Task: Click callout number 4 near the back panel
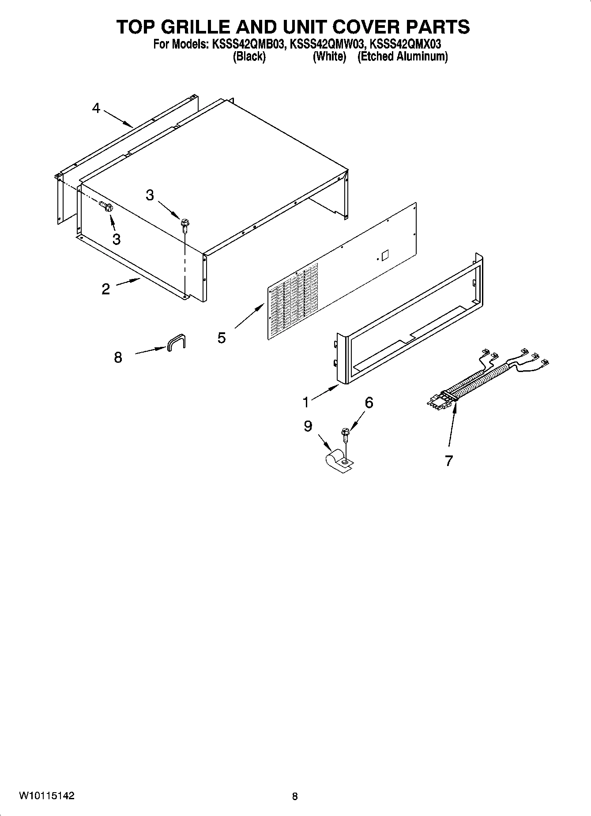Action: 96,108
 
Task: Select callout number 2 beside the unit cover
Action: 105,289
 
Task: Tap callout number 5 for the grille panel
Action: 222,338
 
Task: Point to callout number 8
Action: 118,357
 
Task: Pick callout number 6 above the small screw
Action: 369,402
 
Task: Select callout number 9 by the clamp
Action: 308,426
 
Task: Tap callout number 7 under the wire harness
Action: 449,461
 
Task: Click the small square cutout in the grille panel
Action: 384,255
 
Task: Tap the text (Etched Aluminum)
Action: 403,57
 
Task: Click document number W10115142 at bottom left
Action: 46,796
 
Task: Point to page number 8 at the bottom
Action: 295,797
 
